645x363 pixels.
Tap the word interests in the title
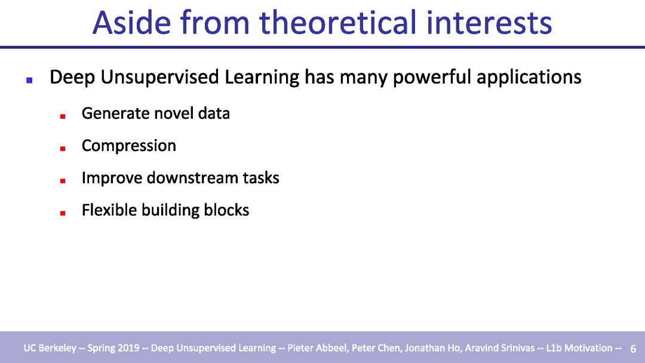tap(489, 23)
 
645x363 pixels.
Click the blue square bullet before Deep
tap(29, 80)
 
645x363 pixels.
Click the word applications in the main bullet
tap(529, 77)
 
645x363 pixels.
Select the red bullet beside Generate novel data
tap(63, 116)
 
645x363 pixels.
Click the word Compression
tap(129, 146)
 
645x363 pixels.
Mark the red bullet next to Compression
tap(63, 149)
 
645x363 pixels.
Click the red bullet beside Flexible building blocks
tap(63, 213)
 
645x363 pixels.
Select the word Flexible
tap(109, 210)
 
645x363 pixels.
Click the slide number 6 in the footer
tap(633, 349)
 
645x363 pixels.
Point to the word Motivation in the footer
tap(588, 348)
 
